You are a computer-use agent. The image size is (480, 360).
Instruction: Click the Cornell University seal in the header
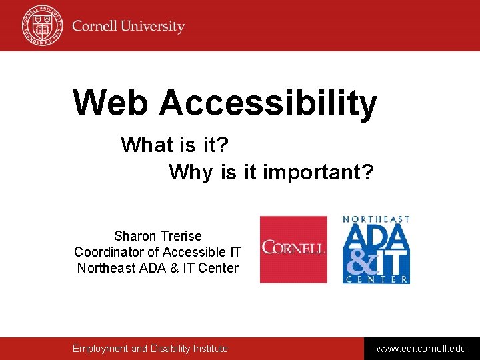[x=41, y=25]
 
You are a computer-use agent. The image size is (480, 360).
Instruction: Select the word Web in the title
[x=111, y=103]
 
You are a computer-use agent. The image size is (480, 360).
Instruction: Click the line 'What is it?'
[x=175, y=144]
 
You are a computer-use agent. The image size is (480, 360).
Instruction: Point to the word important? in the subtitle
[x=318, y=172]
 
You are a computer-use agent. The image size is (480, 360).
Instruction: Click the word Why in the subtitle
[x=191, y=172]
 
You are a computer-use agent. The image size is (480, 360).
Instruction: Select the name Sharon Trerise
[x=157, y=236]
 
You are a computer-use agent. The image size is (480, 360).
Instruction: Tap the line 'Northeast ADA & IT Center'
[x=157, y=268]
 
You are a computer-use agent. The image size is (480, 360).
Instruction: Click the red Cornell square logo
[x=293, y=249]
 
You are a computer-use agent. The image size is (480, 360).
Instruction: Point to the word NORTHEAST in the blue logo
[x=376, y=219]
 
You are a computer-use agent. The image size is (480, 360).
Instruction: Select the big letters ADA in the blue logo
[x=375, y=236]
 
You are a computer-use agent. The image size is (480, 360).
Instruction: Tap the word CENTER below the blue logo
[x=376, y=280]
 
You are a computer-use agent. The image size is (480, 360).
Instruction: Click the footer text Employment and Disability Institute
[x=150, y=349]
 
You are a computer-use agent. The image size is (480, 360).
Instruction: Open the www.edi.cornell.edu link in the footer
[x=421, y=349]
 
